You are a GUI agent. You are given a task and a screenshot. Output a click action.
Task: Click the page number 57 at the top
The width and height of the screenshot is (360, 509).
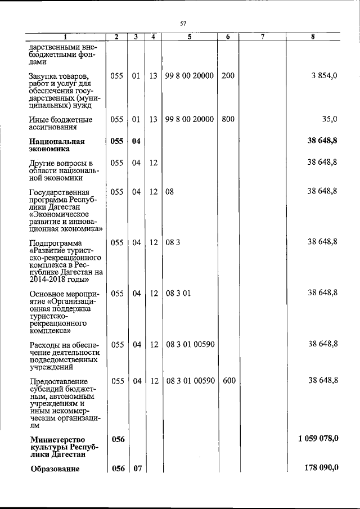pos(183,23)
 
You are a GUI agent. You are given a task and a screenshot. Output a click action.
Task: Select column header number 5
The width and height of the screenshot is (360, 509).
pos(190,37)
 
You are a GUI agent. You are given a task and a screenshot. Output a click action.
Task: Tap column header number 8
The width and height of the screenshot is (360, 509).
pos(313,37)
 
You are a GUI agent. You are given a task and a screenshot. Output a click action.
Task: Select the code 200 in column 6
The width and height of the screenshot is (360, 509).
pos(228,75)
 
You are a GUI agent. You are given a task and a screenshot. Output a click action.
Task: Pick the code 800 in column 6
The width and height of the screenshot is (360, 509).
pos(228,119)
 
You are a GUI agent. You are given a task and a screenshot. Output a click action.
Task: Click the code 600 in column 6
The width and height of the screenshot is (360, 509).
pos(229,381)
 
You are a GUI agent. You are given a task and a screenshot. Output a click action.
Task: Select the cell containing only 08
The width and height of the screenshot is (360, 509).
pos(170,192)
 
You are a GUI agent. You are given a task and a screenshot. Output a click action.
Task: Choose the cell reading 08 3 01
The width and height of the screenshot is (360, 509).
pos(179,294)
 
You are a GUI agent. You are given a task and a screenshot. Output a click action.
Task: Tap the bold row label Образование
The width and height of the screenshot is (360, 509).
pos(55,470)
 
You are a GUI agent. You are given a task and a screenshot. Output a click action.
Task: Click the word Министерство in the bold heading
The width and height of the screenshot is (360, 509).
pos(57,439)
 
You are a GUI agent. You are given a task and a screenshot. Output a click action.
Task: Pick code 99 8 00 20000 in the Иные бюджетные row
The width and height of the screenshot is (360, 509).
pos(190,119)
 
